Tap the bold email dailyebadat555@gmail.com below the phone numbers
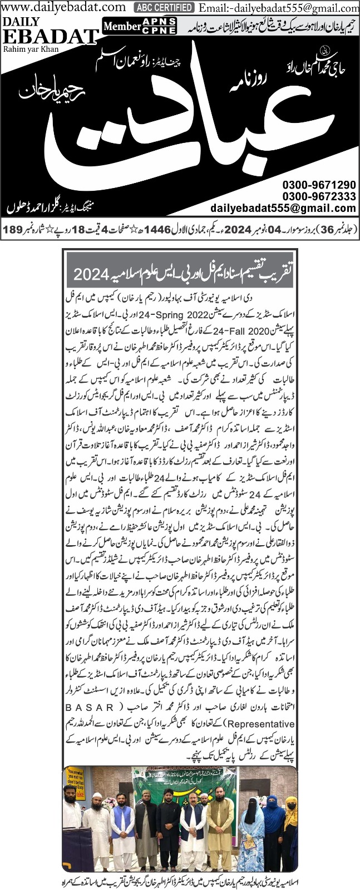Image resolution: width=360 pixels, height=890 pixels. [x=283, y=208]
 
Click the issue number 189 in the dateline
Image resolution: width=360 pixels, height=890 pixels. [x=13, y=229]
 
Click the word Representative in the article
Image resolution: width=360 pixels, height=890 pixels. [x=95, y=724]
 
